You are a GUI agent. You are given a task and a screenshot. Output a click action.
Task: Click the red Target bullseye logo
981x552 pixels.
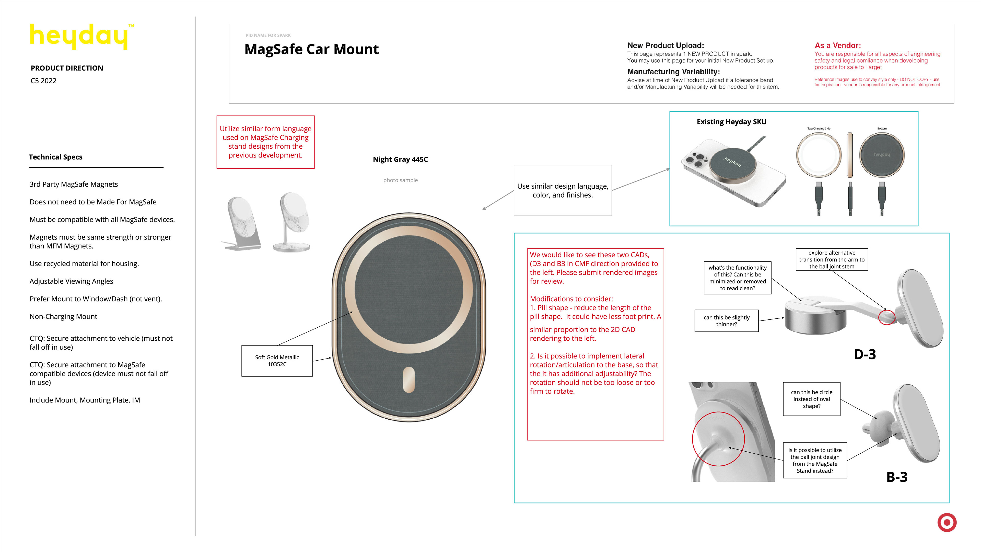[947, 522]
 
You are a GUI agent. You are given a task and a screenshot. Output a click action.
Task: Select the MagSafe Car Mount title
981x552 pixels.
[311, 50]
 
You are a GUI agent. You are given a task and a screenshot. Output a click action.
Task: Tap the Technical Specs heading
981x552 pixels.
[56, 157]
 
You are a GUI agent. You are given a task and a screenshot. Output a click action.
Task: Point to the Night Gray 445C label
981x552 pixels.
[400, 159]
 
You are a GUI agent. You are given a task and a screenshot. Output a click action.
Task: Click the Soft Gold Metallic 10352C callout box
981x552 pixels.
[277, 361]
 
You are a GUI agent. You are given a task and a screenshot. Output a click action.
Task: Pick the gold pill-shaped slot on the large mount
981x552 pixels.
[409, 380]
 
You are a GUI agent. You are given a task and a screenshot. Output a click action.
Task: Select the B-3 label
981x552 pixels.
[897, 477]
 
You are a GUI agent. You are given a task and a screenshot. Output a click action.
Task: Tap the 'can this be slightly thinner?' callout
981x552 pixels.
[726, 321]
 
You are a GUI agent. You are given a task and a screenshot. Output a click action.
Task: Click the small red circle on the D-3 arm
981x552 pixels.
[886, 317]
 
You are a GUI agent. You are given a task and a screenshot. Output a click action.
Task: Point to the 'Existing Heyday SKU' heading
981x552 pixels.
[731, 122]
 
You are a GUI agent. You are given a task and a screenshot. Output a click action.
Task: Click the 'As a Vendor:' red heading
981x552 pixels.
[837, 45]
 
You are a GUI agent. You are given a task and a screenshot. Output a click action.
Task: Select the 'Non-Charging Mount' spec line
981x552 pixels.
[63, 317]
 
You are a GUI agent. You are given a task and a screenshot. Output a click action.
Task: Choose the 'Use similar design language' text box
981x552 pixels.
[563, 190]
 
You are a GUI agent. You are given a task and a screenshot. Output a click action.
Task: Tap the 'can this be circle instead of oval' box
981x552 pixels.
[812, 399]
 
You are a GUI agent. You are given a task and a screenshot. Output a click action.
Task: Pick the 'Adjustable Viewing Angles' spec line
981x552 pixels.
[71, 281]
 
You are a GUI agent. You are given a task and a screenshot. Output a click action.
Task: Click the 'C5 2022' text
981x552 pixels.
[43, 81]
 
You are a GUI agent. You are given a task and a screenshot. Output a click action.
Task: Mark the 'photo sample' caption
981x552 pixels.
[400, 180]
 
